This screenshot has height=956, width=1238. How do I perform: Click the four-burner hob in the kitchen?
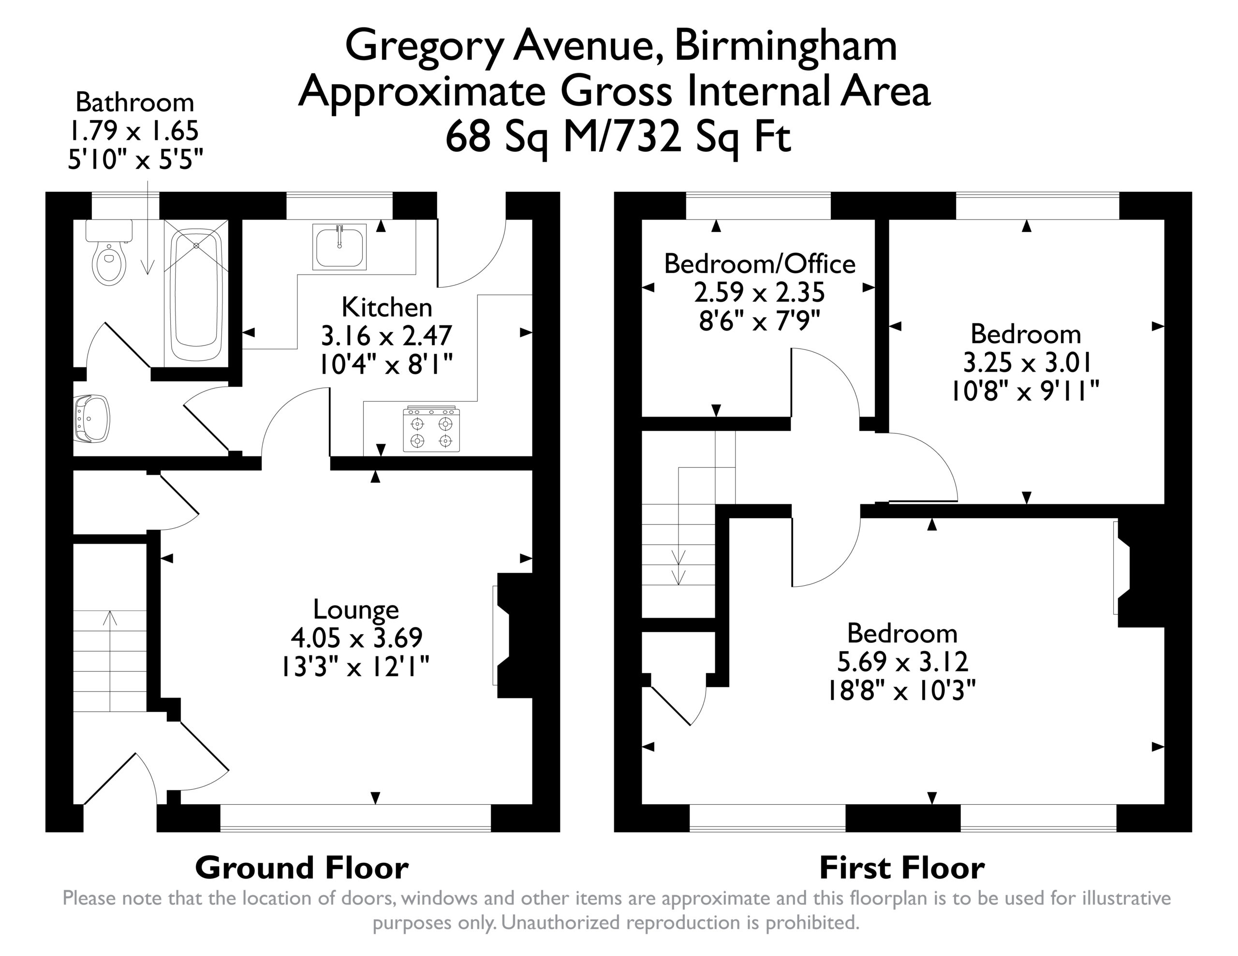tap(431, 429)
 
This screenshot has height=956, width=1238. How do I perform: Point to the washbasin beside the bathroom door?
tap(91, 419)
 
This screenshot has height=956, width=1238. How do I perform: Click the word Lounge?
tap(356, 609)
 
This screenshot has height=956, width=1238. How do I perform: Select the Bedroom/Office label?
tap(760, 264)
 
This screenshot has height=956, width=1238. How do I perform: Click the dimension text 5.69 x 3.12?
tap(902, 661)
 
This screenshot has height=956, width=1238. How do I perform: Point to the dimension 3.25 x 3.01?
tap(1027, 362)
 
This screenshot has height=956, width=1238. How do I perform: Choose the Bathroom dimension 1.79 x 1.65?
tap(134, 131)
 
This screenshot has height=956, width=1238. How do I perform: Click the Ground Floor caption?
tap(302, 868)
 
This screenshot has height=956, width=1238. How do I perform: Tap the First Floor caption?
tap(902, 868)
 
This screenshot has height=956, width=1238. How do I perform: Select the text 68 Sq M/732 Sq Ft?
tap(618, 138)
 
